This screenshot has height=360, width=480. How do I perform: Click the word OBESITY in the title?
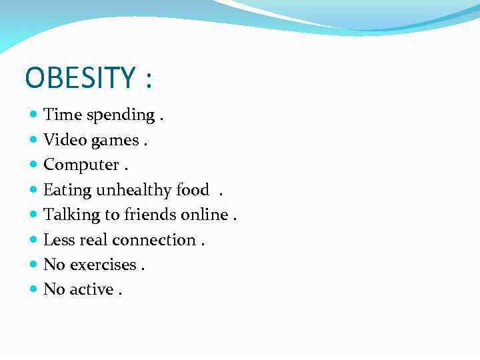pos(80,78)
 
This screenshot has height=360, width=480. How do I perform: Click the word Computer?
pos(79,165)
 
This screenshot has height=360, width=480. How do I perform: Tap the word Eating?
pos(67,191)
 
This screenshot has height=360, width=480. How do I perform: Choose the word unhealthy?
pos(134,190)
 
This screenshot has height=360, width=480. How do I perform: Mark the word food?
pos(193,190)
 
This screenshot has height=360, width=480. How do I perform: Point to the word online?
pos(204,215)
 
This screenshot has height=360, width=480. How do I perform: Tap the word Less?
pos(59,240)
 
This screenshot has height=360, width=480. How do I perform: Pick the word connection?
pos(154,240)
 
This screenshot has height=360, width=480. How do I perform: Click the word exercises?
pos(103,265)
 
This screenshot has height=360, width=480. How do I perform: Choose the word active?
pos(91,289)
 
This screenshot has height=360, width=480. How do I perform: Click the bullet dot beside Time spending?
pos(34,115)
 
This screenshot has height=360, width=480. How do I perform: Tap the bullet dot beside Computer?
pos(34,165)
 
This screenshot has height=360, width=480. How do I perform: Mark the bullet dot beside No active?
pos(34,289)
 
